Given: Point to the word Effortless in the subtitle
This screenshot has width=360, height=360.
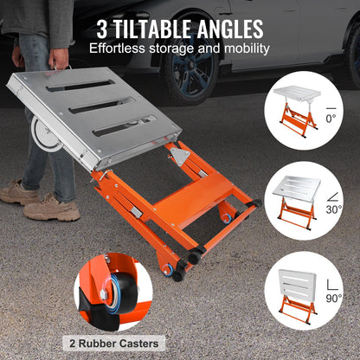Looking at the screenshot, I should (x=121, y=48).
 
